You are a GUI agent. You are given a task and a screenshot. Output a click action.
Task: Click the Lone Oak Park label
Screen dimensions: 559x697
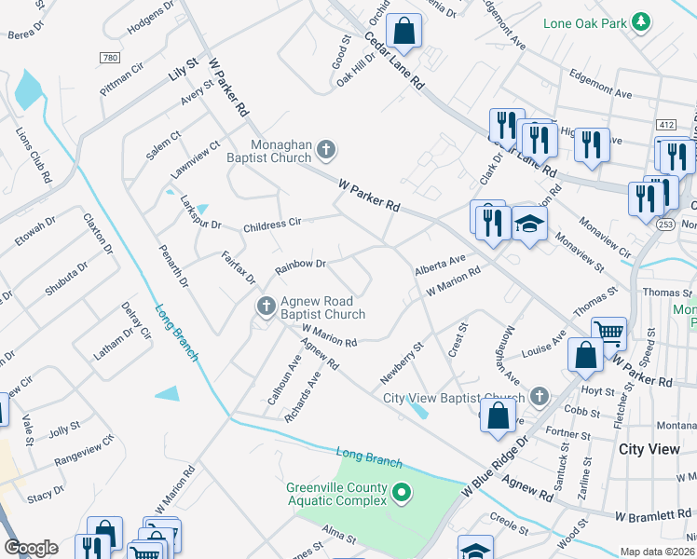click(582, 20)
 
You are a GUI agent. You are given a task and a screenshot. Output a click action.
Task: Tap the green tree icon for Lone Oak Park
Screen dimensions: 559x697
click(640, 20)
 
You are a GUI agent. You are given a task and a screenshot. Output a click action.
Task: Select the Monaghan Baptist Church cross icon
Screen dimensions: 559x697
click(325, 148)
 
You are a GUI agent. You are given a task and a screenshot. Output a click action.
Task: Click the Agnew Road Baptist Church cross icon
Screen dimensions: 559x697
click(266, 306)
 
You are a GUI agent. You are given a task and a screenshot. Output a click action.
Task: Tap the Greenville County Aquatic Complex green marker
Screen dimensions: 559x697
click(402, 491)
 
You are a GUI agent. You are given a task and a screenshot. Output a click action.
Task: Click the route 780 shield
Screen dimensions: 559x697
click(108, 58)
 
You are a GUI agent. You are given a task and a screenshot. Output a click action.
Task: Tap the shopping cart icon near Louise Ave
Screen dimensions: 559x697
click(608, 332)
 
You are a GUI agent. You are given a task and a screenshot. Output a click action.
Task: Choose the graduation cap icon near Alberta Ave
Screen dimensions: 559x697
click(529, 225)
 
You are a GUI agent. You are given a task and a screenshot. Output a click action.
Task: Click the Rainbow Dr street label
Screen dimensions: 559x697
click(299, 266)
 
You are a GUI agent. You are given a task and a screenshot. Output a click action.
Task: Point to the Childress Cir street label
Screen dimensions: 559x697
click(272, 224)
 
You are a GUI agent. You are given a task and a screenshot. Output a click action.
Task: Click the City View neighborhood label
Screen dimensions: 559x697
click(649, 449)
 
